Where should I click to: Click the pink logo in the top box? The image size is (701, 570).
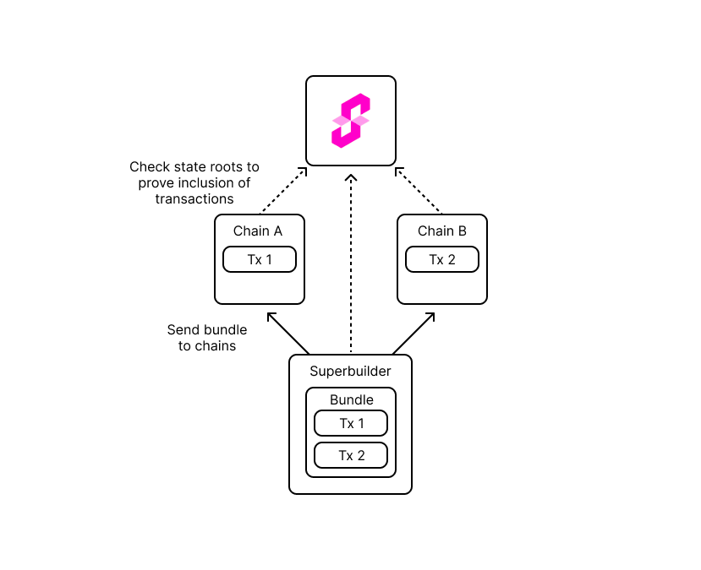[350, 121]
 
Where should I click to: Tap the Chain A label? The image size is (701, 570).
[258, 231]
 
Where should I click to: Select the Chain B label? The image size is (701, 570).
[441, 231]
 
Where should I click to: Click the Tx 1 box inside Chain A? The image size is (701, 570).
[260, 259]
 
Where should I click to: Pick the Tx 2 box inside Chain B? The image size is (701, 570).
[442, 259]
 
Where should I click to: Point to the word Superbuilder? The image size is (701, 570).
[350, 371]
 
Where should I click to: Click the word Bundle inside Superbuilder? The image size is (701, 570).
[351, 399]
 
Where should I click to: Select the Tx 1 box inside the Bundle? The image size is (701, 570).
[351, 423]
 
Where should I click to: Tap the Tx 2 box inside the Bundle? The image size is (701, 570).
[351, 455]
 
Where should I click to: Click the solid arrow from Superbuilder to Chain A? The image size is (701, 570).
[288, 333]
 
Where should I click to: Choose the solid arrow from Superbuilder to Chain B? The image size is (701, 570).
[413, 333]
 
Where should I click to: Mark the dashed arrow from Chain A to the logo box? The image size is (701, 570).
[283, 190]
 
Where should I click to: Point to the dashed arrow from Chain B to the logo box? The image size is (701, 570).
[419, 190]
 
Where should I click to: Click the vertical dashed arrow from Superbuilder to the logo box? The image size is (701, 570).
[351, 262]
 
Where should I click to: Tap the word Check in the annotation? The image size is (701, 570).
[149, 167]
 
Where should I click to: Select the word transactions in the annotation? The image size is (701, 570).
[194, 198]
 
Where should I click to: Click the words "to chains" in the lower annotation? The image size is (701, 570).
[207, 345]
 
